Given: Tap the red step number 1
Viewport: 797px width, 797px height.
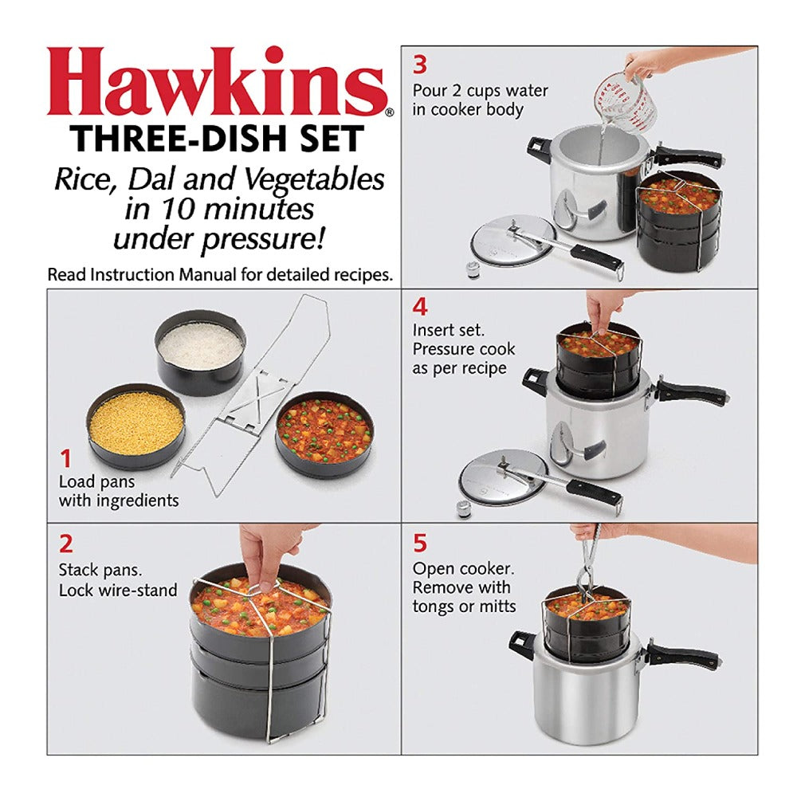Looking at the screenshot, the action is point(65,458).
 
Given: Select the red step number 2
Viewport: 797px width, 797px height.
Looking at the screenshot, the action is point(66,544).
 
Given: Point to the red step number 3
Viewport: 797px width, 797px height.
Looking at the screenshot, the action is point(420,65).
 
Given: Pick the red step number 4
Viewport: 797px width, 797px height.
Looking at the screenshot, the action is point(420,307).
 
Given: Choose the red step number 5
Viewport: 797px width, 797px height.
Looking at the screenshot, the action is point(420,543).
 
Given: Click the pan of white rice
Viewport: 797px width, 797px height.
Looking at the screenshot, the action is point(200,352).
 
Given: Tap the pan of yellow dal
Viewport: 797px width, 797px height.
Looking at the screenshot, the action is point(135,426).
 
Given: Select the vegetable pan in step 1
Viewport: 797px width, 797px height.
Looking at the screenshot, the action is point(325,434).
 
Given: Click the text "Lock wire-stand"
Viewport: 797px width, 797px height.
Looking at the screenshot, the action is point(118,591).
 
